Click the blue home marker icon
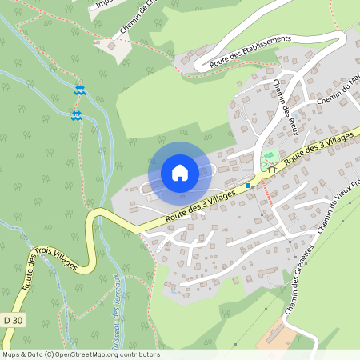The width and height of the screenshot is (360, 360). tap(180, 172)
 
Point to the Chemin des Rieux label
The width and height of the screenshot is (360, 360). tap(286, 101)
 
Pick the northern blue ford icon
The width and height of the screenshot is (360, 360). tap(78, 90)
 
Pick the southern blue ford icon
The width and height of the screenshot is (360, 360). tap(76, 116)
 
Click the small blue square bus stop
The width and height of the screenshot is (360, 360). tap(249, 186)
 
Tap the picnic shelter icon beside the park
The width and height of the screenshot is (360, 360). tap(272, 168)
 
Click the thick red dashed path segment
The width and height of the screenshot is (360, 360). tap(267, 194)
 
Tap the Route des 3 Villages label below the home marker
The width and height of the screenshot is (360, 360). tap(200, 206)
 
